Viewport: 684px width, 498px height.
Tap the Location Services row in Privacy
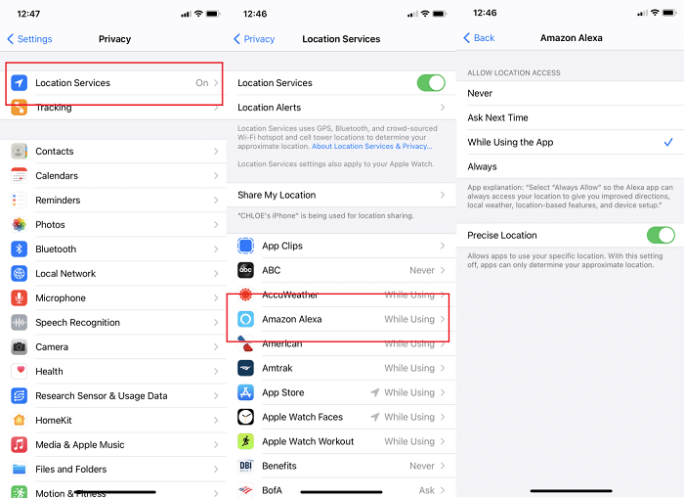[x=113, y=83]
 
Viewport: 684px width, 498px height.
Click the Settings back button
[x=29, y=39]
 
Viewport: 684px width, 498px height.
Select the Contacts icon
[x=19, y=152]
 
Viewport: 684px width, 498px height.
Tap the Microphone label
[x=61, y=298]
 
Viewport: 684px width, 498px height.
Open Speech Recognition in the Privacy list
[x=78, y=323]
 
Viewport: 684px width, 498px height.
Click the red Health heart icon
[x=19, y=372]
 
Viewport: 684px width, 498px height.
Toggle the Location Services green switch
[x=430, y=83]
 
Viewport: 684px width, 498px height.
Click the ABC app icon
[x=246, y=270]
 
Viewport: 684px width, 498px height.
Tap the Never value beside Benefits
[x=422, y=467]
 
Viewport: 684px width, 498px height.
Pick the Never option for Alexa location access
[x=481, y=94]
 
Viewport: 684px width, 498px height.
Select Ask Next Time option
[x=498, y=117]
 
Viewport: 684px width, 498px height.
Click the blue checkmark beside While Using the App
[x=667, y=142]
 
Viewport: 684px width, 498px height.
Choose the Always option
[x=483, y=166]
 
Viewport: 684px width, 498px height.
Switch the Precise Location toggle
[x=661, y=235]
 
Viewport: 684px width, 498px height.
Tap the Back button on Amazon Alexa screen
[x=479, y=38]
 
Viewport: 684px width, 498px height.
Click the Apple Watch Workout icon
[x=246, y=442]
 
